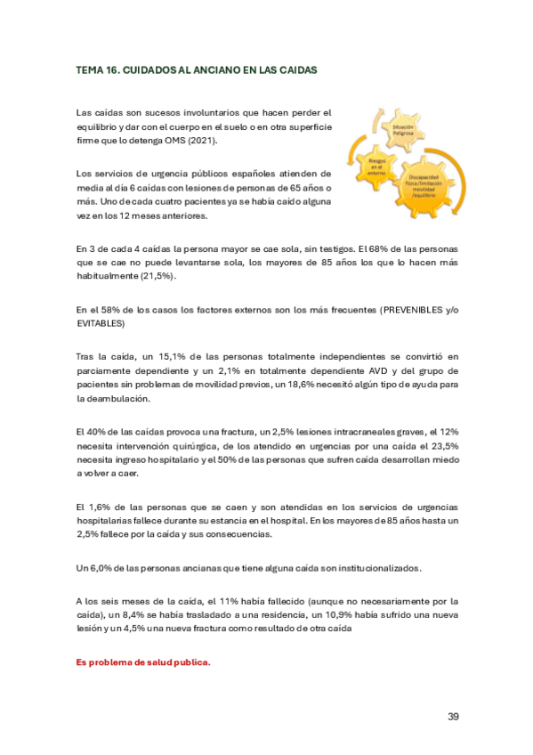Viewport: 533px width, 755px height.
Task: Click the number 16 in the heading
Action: (x=113, y=69)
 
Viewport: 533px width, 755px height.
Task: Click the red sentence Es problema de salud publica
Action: (x=142, y=662)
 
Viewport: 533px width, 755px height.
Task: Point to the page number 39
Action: (x=452, y=717)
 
